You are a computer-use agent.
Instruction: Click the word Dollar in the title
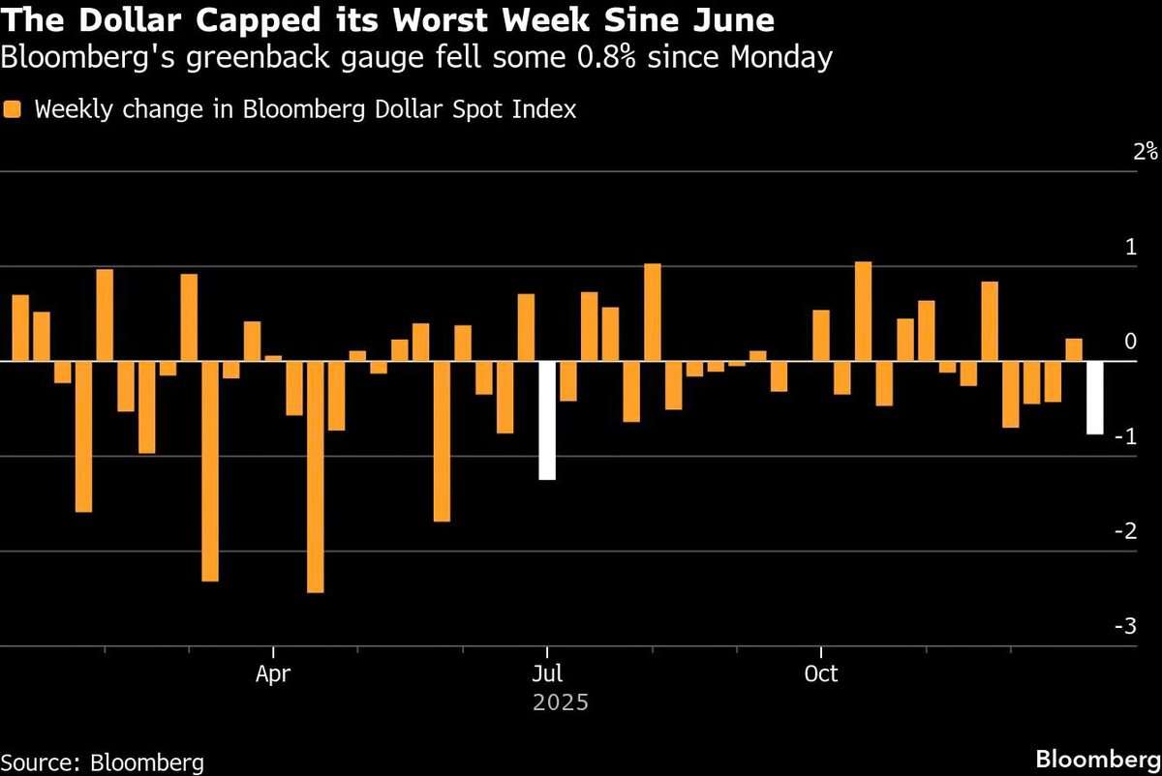pos(130,20)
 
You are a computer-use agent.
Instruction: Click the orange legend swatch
pos(12,109)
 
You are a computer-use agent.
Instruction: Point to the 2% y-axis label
pos(1146,151)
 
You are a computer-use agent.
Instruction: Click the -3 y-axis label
pos(1125,626)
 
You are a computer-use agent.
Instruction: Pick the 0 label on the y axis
pos(1131,342)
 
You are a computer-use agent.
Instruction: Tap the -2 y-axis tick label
pos(1125,531)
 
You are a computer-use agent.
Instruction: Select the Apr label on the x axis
pos(273,674)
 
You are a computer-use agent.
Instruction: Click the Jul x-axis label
pos(547,673)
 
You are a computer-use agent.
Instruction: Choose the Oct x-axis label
pos(821,673)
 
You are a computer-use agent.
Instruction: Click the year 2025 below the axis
pos(561,702)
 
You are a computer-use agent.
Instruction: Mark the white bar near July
pos(547,420)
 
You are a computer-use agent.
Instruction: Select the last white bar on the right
pos(1095,398)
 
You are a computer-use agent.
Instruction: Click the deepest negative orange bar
pos(316,477)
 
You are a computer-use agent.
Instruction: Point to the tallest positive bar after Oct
pos(863,311)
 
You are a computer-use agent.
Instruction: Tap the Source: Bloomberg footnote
pos(103,763)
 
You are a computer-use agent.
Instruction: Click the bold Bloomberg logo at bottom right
pos(1098,760)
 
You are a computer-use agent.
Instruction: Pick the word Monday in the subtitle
pos(781,58)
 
